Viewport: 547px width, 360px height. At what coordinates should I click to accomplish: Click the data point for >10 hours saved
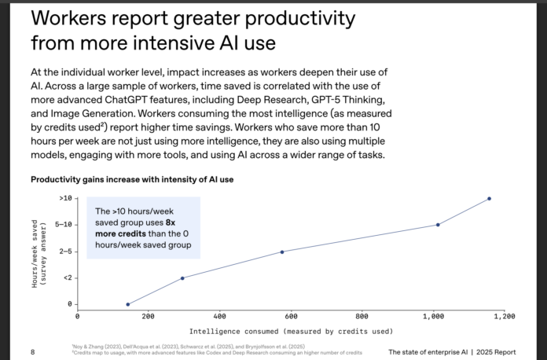click(489, 198)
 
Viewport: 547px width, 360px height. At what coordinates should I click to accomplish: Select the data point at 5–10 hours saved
click(438, 225)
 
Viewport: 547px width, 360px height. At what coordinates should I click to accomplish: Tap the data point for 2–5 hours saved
click(282, 252)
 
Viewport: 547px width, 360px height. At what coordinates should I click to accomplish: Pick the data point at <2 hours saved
click(182, 278)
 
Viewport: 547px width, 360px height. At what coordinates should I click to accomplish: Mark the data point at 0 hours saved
click(128, 304)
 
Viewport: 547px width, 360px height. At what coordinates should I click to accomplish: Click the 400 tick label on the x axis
click(219, 316)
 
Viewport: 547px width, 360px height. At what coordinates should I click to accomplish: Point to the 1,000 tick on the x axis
click(432, 316)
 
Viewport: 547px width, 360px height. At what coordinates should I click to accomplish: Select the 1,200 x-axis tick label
click(504, 316)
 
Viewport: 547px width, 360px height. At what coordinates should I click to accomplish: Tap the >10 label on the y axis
click(65, 198)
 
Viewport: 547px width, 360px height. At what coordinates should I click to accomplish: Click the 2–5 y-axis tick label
click(65, 252)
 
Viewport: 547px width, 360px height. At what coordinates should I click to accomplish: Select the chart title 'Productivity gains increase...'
click(132, 179)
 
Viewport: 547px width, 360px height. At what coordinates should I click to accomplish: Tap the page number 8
click(32, 351)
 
